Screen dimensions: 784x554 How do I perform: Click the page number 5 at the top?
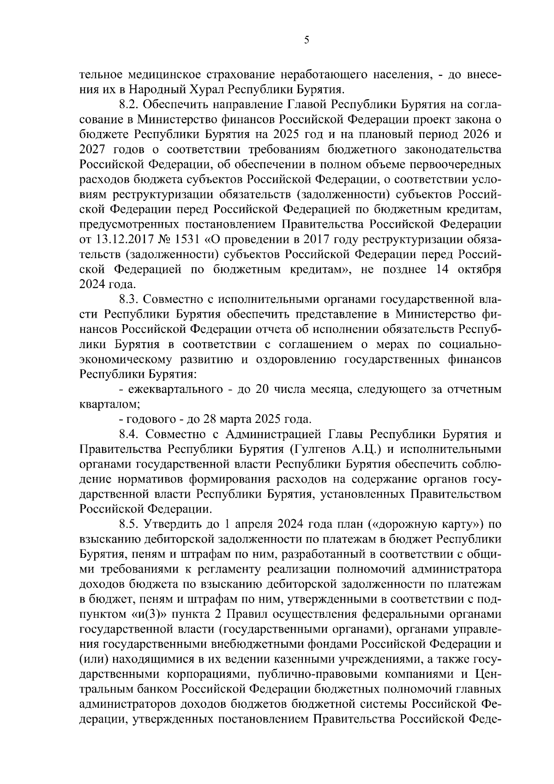[307, 40]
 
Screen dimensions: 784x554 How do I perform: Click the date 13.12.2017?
[122, 239]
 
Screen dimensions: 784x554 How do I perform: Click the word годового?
[148, 420]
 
